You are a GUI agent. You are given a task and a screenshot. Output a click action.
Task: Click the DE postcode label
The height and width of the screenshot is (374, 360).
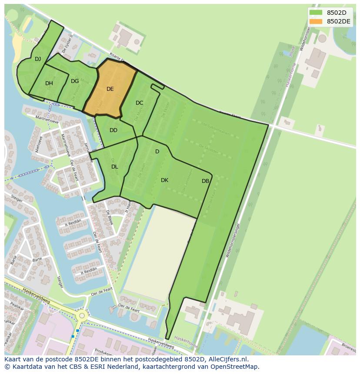[110, 89]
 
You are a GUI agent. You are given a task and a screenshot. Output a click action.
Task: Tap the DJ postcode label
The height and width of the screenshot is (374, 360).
[38, 59]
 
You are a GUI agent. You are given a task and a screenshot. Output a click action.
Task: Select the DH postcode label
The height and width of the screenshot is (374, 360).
[49, 83]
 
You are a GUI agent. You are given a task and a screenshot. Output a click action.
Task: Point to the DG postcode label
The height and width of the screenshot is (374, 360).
[75, 81]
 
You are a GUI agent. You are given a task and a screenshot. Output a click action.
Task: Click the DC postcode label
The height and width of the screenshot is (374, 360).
[139, 103]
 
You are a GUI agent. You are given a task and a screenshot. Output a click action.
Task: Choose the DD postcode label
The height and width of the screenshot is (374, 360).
[113, 130]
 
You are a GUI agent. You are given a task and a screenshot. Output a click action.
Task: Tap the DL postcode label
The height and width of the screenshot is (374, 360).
[114, 167]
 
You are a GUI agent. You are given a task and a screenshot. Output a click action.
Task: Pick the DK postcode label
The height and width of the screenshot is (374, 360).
[164, 180]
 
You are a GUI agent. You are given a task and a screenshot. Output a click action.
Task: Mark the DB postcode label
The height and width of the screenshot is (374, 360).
[205, 181]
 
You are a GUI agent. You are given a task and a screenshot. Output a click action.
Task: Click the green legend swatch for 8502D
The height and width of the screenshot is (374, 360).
[316, 13]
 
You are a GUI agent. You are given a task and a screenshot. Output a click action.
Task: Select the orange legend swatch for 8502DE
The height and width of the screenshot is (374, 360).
[316, 21]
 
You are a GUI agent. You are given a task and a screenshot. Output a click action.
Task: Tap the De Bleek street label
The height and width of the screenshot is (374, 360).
[109, 217]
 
